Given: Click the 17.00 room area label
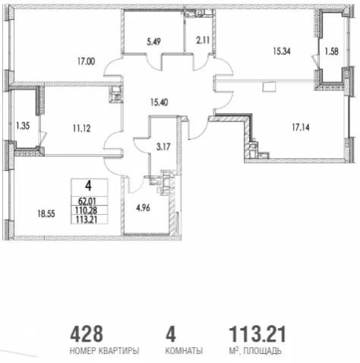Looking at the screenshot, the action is [87, 62].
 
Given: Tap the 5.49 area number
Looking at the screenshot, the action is [153, 42].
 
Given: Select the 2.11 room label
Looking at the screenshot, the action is [203, 40].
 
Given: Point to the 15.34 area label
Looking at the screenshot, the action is [282, 51].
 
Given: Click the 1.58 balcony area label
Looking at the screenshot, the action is [332, 52].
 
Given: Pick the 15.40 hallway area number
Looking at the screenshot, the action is [159, 103].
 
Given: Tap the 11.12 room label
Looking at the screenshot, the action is [82, 128].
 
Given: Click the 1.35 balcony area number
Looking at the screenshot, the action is [23, 126].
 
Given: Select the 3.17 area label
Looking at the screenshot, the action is [163, 147].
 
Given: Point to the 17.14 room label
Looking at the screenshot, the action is [301, 128].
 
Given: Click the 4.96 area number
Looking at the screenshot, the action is [143, 208].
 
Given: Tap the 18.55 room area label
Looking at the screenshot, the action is [46, 214].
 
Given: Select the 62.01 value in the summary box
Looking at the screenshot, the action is [87, 201].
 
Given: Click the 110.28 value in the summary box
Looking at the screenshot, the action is [87, 210].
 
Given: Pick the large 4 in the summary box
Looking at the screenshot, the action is [88, 186].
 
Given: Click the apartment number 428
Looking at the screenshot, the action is [87, 333].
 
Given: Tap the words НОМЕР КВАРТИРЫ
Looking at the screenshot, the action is [104, 351].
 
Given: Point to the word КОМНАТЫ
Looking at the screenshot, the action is [184, 351].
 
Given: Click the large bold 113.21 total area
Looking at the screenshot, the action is [257, 333].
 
